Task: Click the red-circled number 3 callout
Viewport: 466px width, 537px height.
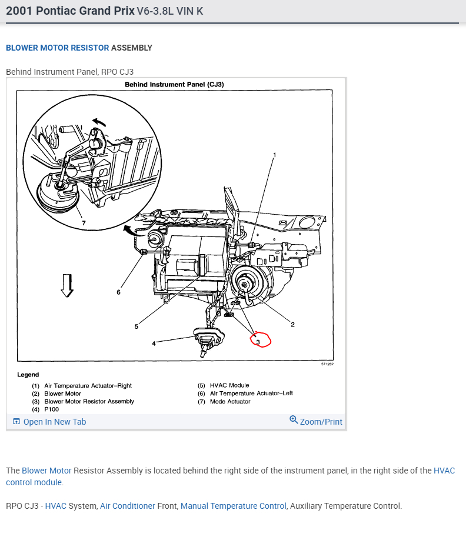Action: [258, 341]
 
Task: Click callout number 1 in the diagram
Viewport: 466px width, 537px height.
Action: [274, 155]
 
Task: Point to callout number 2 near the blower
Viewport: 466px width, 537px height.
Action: [292, 324]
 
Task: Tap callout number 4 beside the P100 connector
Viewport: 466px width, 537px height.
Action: [154, 343]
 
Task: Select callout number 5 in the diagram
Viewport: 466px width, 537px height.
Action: [136, 326]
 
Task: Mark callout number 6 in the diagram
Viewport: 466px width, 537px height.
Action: [118, 292]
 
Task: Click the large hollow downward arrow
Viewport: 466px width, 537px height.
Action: [68, 285]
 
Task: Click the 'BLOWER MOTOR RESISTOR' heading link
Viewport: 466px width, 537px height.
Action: [57, 48]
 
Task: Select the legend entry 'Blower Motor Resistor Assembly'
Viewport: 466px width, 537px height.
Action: [89, 401]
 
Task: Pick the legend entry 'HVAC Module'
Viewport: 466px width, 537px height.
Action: [229, 385]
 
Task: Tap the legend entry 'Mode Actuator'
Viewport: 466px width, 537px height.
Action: [230, 401]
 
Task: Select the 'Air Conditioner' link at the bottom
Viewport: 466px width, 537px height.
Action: [128, 506]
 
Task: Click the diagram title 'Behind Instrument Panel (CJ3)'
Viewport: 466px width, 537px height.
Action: [174, 85]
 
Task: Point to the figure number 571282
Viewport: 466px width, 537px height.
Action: [327, 364]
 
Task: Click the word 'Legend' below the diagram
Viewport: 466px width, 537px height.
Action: [28, 375]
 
